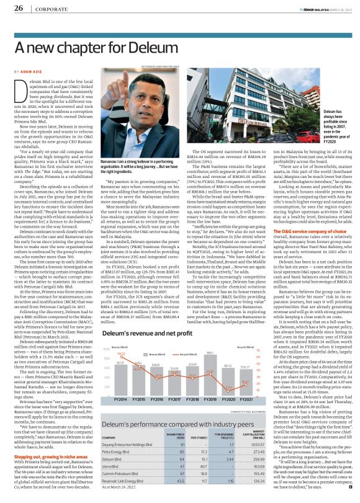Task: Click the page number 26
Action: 18,8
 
